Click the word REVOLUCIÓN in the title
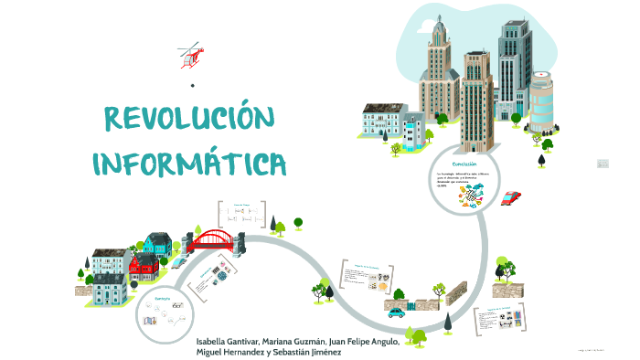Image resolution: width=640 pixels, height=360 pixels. (190, 120)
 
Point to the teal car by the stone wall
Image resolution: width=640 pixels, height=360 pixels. (396, 312)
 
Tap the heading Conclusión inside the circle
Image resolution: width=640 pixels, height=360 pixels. (453, 164)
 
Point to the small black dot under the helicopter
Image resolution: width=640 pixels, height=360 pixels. (193, 86)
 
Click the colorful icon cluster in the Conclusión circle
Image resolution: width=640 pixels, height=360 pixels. (473, 195)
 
